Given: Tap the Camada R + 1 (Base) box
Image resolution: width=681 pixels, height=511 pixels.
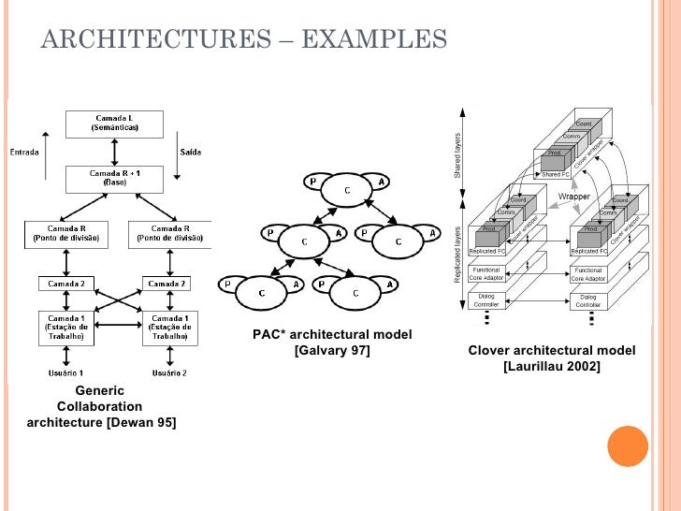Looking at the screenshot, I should (x=114, y=178).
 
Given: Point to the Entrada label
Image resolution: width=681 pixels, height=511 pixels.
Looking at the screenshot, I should (x=25, y=153).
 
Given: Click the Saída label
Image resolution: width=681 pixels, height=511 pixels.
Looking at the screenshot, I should (x=189, y=153).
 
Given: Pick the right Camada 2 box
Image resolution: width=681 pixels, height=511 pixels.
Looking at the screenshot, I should (x=166, y=283).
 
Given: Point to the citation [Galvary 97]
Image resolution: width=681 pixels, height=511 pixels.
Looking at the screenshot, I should (x=331, y=351).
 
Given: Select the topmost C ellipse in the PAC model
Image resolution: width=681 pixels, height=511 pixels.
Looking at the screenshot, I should (x=347, y=192).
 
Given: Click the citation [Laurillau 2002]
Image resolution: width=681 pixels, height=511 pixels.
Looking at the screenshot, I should (x=551, y=366).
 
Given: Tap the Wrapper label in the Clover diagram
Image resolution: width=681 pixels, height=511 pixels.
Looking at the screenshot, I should (x=573, y=197).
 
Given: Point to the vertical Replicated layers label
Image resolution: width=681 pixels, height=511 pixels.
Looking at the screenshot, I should (x=458, y=255).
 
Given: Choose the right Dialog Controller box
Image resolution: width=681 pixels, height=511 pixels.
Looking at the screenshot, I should (x=588, y=301).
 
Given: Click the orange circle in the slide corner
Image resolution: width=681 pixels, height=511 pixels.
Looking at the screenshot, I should (x=629, y=446).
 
